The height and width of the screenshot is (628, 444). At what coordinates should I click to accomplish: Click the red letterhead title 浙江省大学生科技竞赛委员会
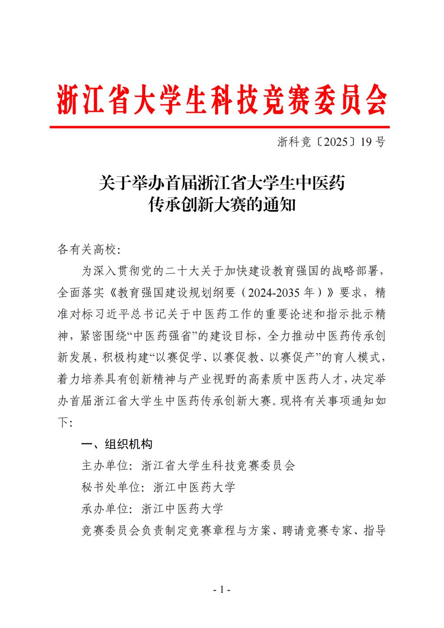222,99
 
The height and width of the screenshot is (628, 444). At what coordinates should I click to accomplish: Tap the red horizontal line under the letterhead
219,127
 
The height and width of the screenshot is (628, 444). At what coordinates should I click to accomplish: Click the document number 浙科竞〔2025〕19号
331,142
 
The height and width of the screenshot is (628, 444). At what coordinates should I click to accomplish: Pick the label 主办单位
105,465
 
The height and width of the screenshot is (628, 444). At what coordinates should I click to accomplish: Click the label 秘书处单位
111,487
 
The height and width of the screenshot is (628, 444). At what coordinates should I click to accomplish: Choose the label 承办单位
105,508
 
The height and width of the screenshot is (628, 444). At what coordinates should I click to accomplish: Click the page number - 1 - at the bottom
222,590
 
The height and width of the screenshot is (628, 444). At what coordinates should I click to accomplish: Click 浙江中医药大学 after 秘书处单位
194,487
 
